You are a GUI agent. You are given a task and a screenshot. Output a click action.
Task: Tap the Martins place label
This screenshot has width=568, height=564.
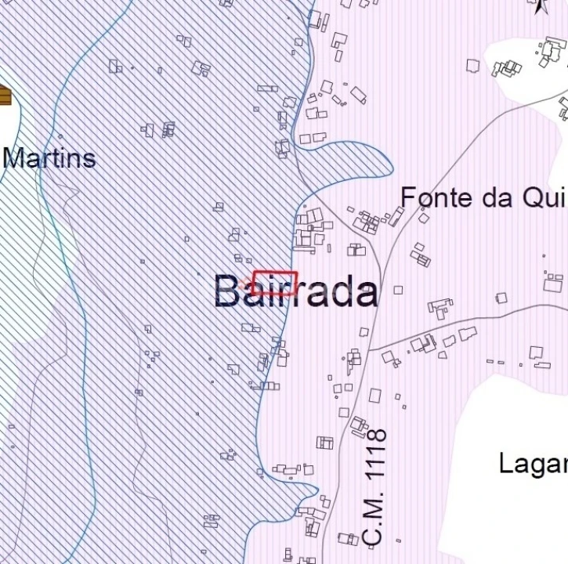point(49,158)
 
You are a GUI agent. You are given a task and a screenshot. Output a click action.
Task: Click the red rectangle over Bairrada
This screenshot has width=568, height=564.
point(275,282)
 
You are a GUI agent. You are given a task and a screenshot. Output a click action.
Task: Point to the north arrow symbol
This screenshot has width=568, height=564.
point(540,7)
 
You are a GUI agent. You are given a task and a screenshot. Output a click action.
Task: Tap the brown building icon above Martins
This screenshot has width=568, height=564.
point(5,96)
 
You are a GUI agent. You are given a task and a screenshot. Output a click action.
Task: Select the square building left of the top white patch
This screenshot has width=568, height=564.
point(472,66)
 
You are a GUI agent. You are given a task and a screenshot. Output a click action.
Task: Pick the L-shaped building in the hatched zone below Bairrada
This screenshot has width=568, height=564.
point(233,369)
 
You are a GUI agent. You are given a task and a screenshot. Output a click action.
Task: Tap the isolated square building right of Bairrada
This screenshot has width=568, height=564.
point(398,290)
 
